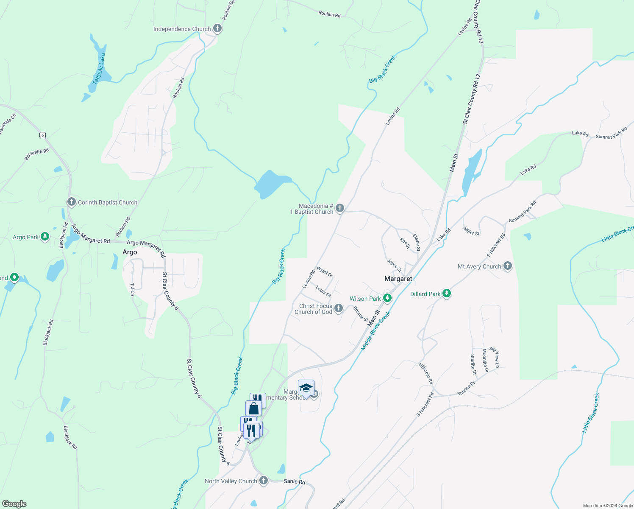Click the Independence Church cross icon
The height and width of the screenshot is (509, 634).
217,29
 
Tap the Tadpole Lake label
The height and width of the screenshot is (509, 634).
99,68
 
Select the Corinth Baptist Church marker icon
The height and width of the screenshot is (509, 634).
72,202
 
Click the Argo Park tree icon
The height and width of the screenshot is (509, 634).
44,237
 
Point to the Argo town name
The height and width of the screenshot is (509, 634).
130,252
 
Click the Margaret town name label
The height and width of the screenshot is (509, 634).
398,279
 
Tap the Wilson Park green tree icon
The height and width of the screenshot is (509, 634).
387,298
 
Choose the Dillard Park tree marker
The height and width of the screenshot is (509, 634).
446,294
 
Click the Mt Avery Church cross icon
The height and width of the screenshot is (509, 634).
507,266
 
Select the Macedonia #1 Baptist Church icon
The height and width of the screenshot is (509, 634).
339,208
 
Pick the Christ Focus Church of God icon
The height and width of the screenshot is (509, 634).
338,308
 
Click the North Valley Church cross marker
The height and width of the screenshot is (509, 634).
264,481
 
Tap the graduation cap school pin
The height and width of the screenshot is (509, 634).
306,388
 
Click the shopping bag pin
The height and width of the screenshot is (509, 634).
253,408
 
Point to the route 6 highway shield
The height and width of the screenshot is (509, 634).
42,135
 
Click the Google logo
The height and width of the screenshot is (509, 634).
14,504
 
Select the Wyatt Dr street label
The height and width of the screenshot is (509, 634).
325,272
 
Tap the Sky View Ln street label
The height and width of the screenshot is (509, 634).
495,357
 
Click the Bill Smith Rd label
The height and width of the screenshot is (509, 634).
36,154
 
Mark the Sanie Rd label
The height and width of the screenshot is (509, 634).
295,481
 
